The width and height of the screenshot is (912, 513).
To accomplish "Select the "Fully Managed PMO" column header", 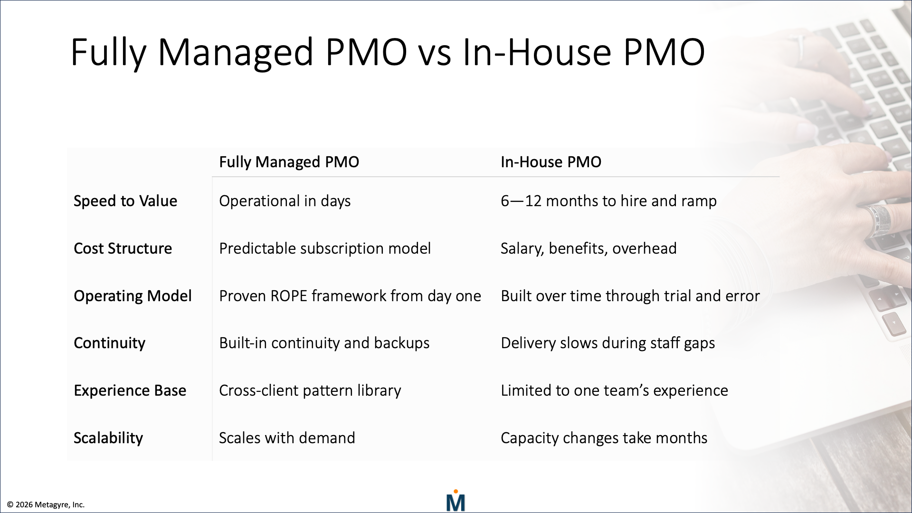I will click(289, 162).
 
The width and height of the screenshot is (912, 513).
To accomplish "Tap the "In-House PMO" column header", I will click(551, 162).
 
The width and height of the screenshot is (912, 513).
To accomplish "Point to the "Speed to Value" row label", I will click(125, 201).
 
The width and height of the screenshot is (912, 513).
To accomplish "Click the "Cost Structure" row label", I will click(123, 248).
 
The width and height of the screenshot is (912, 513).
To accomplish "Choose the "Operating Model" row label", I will click(133, 296).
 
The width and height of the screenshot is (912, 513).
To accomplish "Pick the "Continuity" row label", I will click(109, 343).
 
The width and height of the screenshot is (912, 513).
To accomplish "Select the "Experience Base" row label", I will click(130, 390).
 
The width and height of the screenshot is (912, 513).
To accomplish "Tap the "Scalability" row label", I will click(108, 438).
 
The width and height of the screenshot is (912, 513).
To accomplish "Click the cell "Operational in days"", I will click(285, 201).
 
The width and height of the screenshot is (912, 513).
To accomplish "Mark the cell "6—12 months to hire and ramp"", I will click(608, 201).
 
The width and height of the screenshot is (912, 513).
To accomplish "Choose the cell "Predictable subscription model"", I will click(325, 248).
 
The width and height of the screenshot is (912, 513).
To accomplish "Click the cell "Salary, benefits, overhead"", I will click(589, 248).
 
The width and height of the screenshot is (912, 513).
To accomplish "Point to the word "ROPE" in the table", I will click(289, 296).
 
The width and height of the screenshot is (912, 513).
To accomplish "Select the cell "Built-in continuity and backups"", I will click(324, 343).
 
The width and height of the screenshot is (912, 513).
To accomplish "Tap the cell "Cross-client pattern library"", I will click(310, 390).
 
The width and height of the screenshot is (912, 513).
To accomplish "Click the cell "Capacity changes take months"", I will click(604, 438).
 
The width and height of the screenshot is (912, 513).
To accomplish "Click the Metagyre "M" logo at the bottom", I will click(456, 501).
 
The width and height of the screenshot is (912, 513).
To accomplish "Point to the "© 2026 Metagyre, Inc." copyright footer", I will click(46, 504).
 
